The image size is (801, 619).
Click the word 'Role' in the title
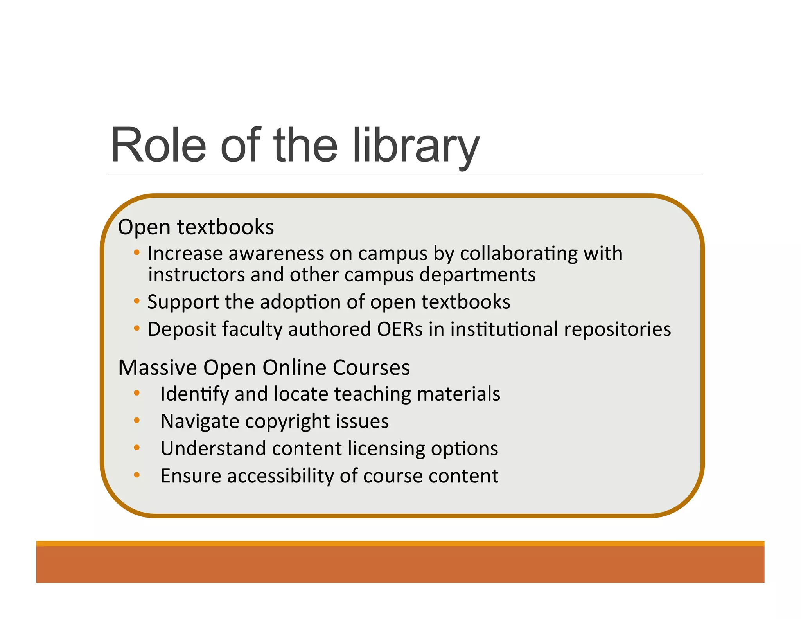click(x=158, y=146)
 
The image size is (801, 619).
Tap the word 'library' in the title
click(x=416, y=146)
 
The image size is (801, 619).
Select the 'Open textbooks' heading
click(x=196, y=227)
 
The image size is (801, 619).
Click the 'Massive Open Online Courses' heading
click(x=264, y=368)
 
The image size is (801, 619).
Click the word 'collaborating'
click(x=519, y=254)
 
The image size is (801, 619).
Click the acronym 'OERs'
click(x=400, y=329)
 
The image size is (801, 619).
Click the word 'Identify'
click(x=194, y=394)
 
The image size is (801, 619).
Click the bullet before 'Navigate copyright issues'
click(x=136, y=421)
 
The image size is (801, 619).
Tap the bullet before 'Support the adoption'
click(x=136, y=301)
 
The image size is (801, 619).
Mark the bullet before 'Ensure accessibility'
click(x=136, y=475)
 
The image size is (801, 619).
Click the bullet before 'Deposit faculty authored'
click(x=136, y=328)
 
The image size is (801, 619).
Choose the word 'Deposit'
click(x=182, y=329)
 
